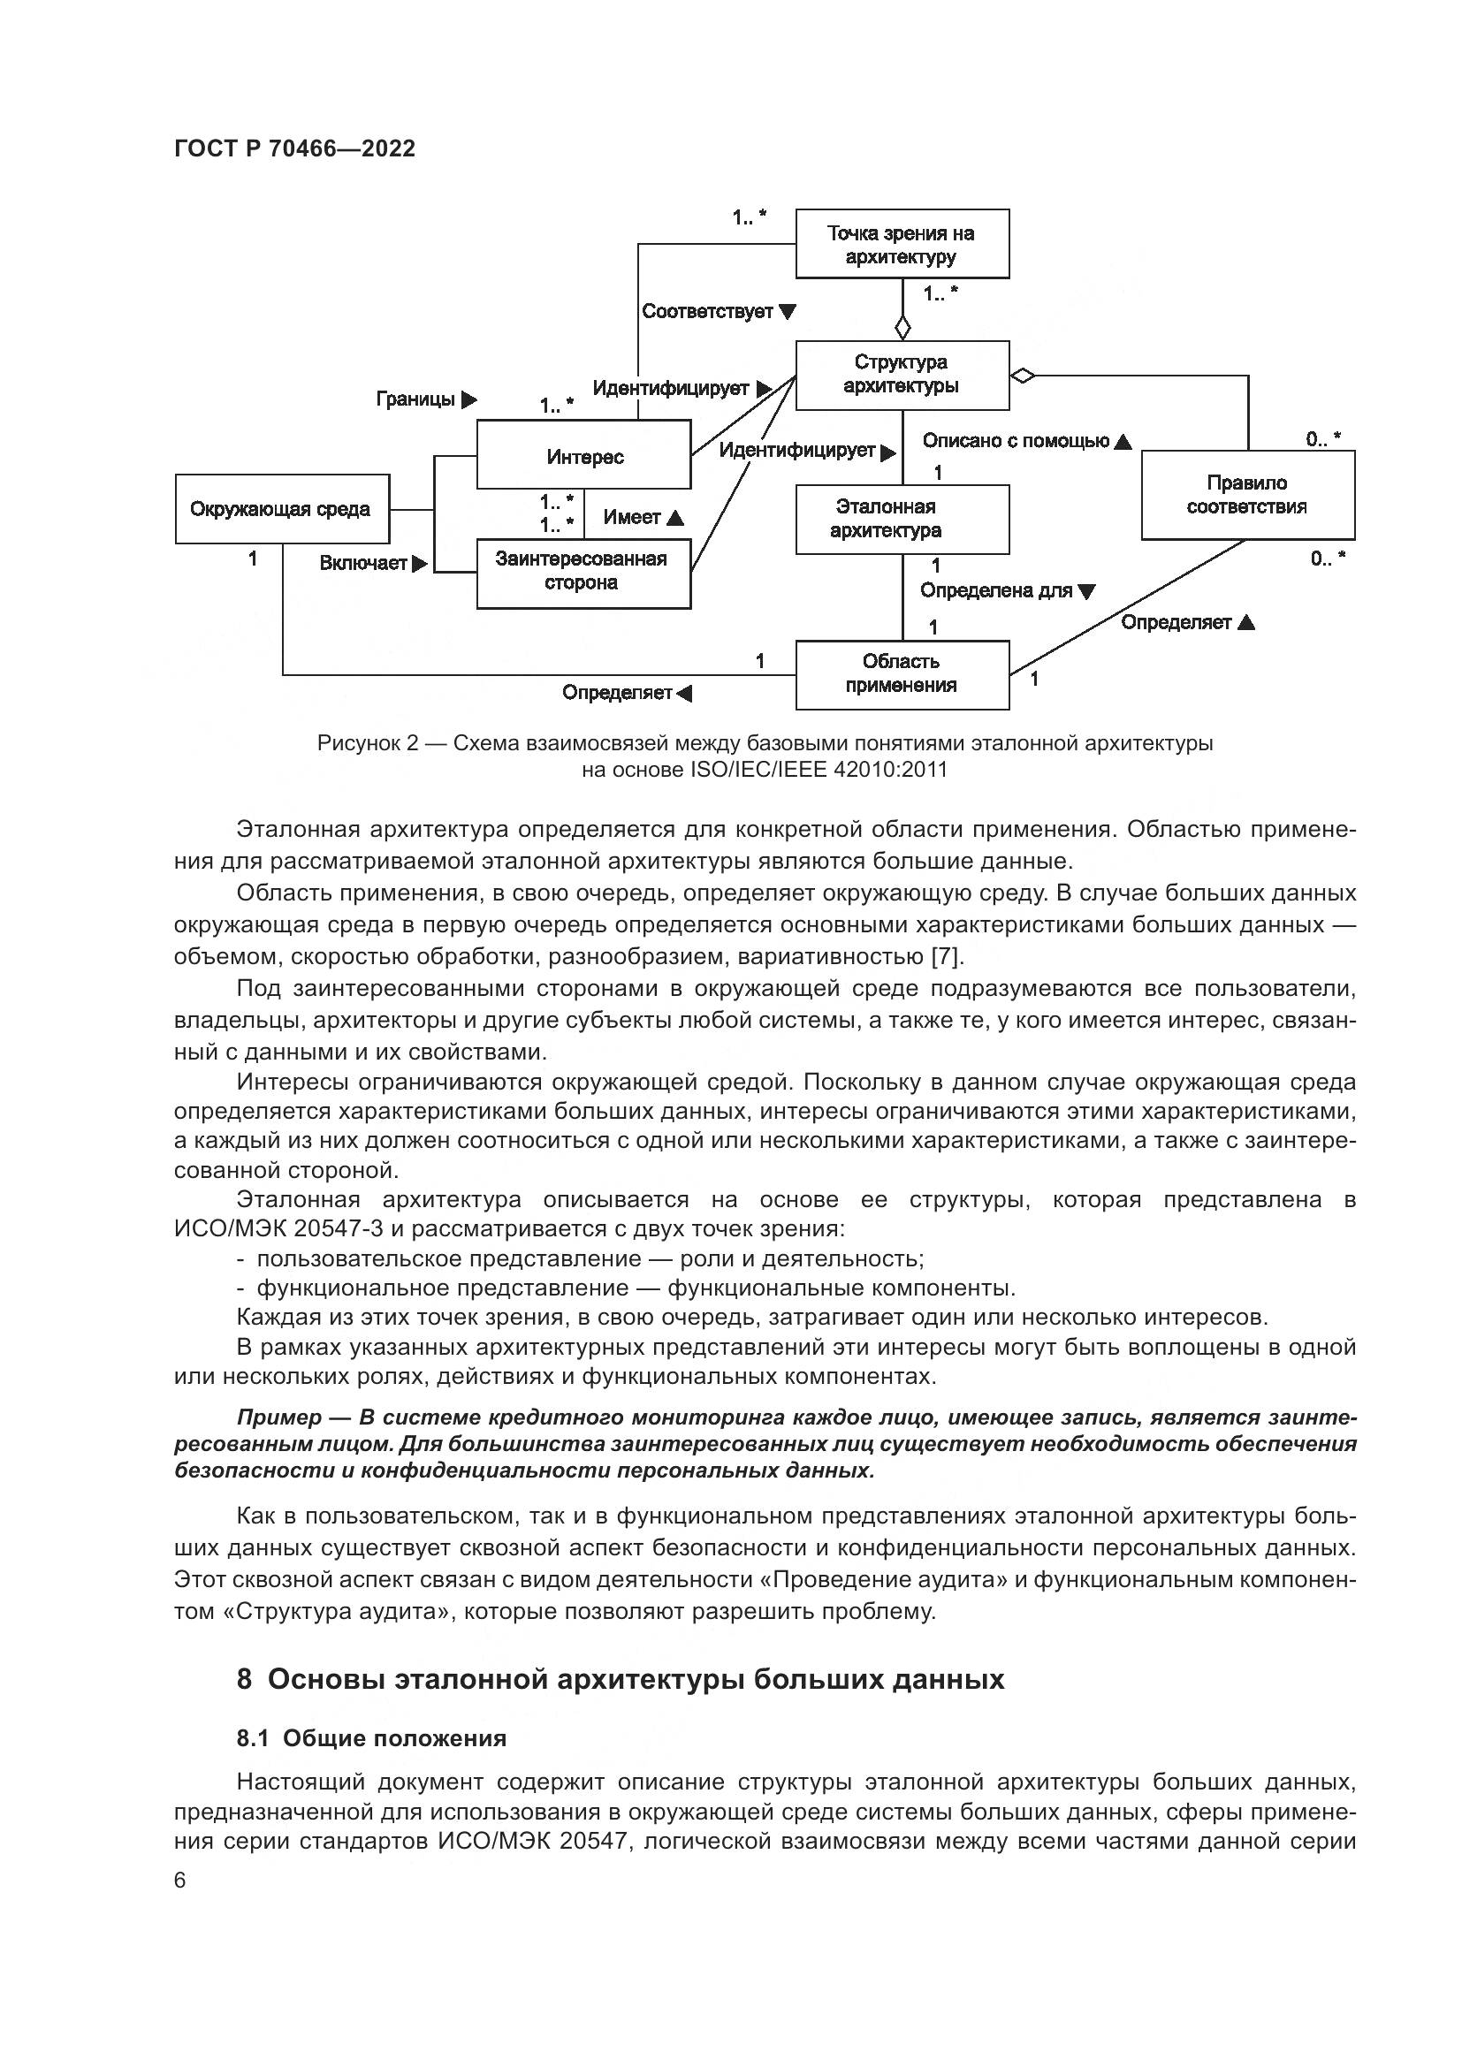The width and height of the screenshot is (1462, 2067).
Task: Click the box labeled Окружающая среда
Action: point(282,509)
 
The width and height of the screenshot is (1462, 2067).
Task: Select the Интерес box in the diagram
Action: point(583,455)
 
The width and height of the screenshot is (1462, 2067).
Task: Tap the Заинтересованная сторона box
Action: point(583,574)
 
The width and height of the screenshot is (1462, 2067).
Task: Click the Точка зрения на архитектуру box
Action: point(901,244)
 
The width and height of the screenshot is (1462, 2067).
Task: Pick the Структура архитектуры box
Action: point(901,375)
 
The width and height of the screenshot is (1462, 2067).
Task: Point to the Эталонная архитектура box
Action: point(901,520)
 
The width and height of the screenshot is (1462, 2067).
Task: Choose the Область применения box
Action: point(901,673)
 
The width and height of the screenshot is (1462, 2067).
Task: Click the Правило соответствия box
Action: point(1247,495)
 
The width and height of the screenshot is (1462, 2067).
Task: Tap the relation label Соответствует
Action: point(708,311)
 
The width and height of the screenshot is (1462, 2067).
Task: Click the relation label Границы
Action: point(416,399)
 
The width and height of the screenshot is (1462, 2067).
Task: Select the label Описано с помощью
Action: point(1016,441)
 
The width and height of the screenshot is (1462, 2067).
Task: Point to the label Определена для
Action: point(996,590)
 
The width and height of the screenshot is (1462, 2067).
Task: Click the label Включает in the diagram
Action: point(363,564)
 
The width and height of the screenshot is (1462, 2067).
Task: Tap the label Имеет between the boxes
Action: point(632,518)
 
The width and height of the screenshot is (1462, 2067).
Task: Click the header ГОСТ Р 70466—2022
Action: point(294,148)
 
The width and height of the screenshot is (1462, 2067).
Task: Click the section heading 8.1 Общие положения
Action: point(371,1738)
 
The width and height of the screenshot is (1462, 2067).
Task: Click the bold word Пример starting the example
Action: point(279,1417)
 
